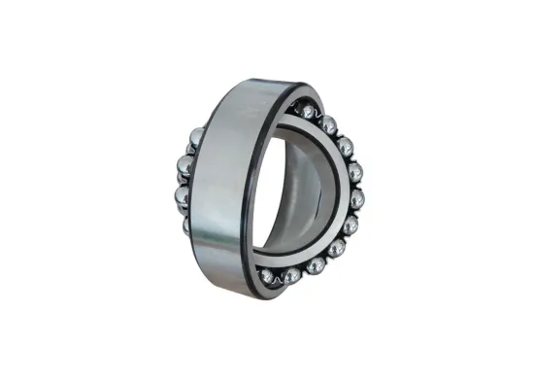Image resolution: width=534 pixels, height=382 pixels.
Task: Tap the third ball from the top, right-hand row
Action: point(345,145)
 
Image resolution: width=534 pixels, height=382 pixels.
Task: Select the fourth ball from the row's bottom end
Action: point(336,247)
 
